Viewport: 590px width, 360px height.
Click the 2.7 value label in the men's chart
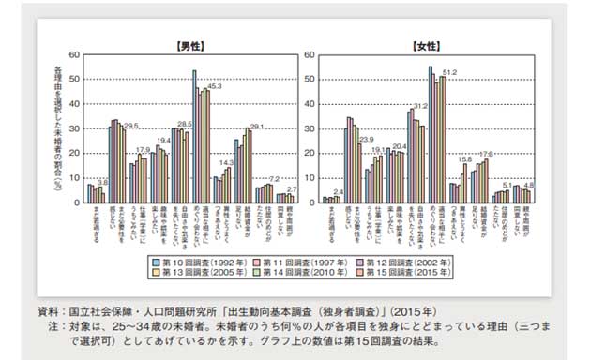click(x=291, y=189)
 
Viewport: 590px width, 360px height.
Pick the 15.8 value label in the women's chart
click(x=462, y=159)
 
